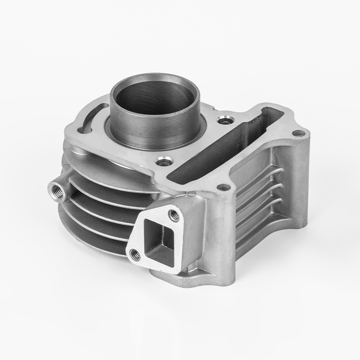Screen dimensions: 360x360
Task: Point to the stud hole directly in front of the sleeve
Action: [162, 161]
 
